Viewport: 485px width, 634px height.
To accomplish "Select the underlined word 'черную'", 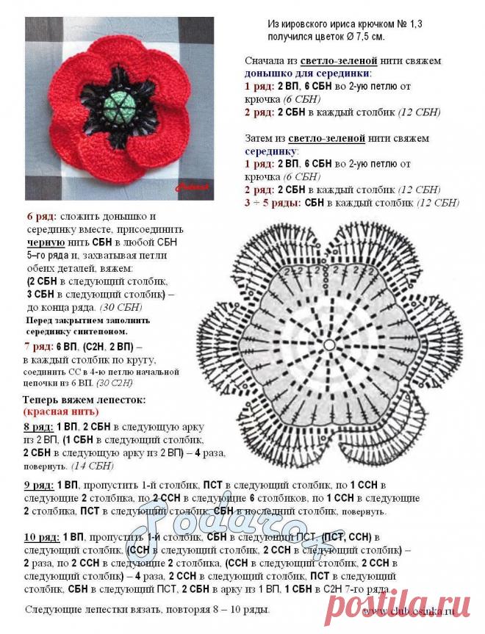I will pos(46,242).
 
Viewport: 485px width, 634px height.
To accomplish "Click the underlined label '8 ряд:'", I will pos(37,427).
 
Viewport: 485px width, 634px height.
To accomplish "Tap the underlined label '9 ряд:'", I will pos(37,485).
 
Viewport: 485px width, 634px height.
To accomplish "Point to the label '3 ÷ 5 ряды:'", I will pos(272,202).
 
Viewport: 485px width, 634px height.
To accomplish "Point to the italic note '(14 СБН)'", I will pos(93,466).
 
